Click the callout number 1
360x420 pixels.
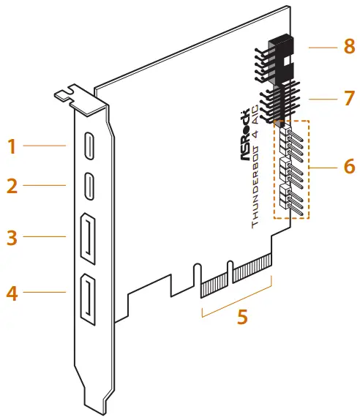click(11, 146)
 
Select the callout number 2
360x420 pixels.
click(11, 186)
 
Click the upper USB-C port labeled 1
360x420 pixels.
click(87, 144)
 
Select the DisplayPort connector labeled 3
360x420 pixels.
click(89, 239)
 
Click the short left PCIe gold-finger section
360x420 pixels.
click(213, 283)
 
